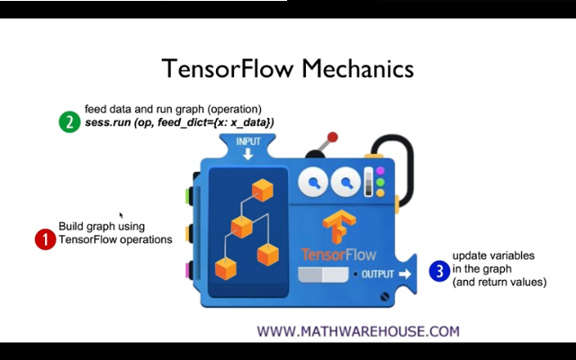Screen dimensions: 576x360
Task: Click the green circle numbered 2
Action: pos(70,121)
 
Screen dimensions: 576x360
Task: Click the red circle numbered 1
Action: pos(45,239)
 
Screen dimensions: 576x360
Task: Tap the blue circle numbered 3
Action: pos(439,269)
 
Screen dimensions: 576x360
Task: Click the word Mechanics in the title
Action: pos(358,69)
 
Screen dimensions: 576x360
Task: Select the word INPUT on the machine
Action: pos(247,142)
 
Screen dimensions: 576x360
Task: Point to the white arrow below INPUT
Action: pos(247,155)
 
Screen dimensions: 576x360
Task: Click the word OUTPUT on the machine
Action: pos(378,274)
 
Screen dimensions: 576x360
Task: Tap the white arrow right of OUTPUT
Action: pos(405,274)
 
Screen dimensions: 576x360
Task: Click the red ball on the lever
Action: pos(332,138)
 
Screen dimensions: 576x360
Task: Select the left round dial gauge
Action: pos(314,184)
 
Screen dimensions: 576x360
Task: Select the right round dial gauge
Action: pos(345,184)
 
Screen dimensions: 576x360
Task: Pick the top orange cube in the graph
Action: pos(262,189)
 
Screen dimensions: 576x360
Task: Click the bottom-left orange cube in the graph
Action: pos(226,268)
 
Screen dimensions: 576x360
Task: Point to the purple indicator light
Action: pos(380,171)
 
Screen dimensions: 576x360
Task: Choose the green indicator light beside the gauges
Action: pos(380,182)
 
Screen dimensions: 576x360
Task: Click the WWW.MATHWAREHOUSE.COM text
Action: pos(358,331)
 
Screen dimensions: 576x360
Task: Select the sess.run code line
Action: pos(180,122)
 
